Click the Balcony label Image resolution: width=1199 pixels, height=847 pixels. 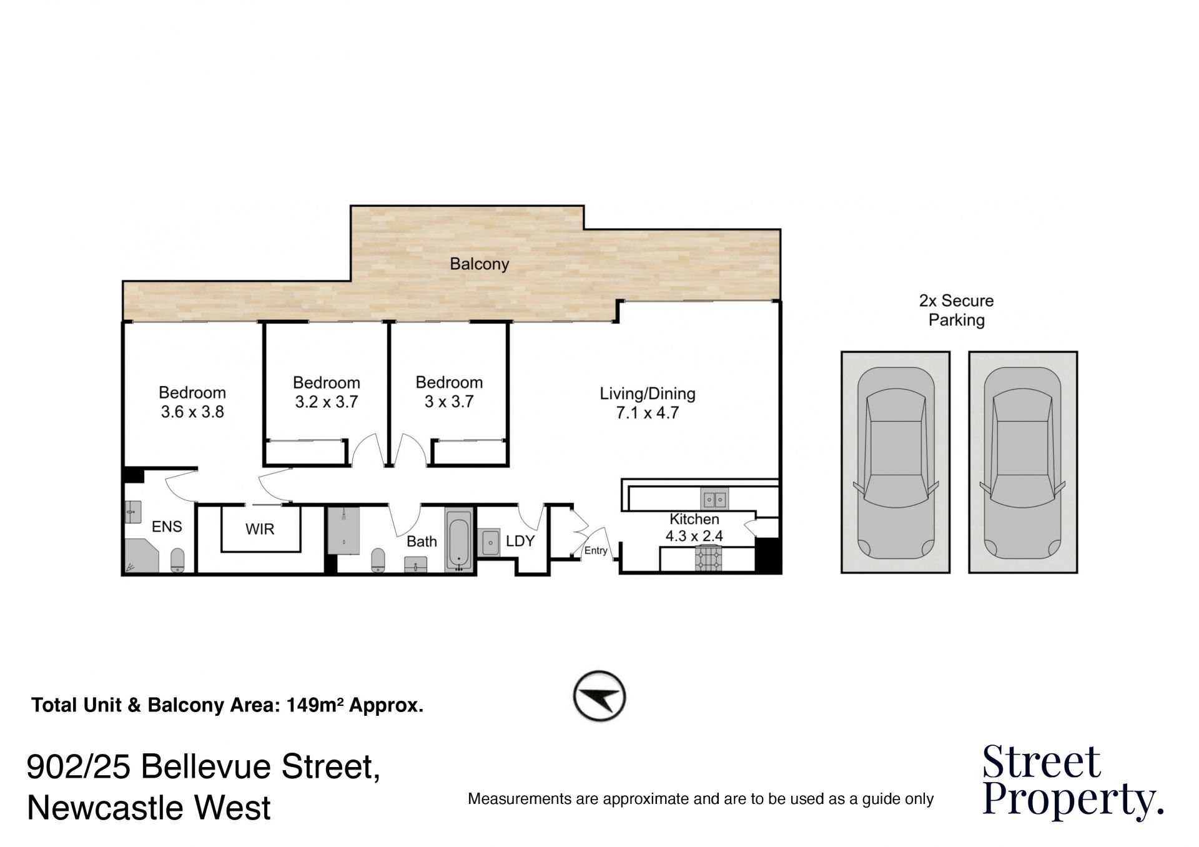[x=479, y=264]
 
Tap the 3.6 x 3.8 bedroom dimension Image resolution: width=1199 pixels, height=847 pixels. [x=192, y=412]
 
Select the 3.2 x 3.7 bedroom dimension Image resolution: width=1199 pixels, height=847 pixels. [x=327, y=402]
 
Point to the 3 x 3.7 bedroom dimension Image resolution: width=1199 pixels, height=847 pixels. [x=449, y=402]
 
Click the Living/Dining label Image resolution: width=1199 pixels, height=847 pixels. [x=648, y=394]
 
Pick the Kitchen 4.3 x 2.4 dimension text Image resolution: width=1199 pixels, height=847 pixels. [x=694, y=536]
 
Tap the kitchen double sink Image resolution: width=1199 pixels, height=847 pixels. [x=714, y=499]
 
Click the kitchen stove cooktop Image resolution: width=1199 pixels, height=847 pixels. [x=709, y=558]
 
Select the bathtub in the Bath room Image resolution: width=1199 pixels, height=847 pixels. [x=459, y=541]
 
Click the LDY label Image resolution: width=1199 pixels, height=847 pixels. [x=520, y=542]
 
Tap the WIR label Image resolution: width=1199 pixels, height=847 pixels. [x=260, y=530]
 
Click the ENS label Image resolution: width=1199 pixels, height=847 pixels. [x=167, y=527]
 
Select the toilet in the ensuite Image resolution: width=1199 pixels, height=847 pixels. [x=178, y=560]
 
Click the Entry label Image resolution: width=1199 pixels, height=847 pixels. [x=596, y=551]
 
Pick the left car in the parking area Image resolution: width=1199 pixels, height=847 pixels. [x=896, y=463]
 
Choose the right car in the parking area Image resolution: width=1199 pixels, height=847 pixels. [x=1024, y=463]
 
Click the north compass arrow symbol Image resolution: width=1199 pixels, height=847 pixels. [x=599, y=696]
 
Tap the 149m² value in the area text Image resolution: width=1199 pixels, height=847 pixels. [x=315, y=705]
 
